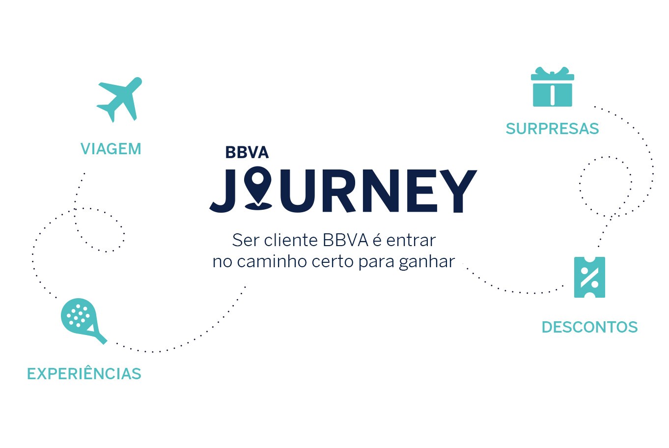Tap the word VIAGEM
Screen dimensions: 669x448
pos(111,149)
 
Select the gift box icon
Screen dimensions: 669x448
pos(552,86)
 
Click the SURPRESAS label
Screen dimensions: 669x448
pos(552,129)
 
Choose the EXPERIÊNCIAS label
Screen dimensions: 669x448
pos(84,373)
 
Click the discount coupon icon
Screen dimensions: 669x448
pos(589,277)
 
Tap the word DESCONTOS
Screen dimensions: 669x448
pos(590,327)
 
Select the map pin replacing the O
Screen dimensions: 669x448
pos(258,188)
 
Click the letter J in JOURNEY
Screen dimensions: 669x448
pos(223,191)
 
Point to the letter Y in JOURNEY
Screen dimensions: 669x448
pos(458,191)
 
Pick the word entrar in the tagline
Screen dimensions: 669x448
pos(411,241)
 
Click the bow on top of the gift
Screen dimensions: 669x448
pos(552,72)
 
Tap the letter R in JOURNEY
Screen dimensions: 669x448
pos(338,191)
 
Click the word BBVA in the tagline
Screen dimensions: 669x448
pos(345,240)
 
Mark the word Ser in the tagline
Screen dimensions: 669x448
pos(245,240)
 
